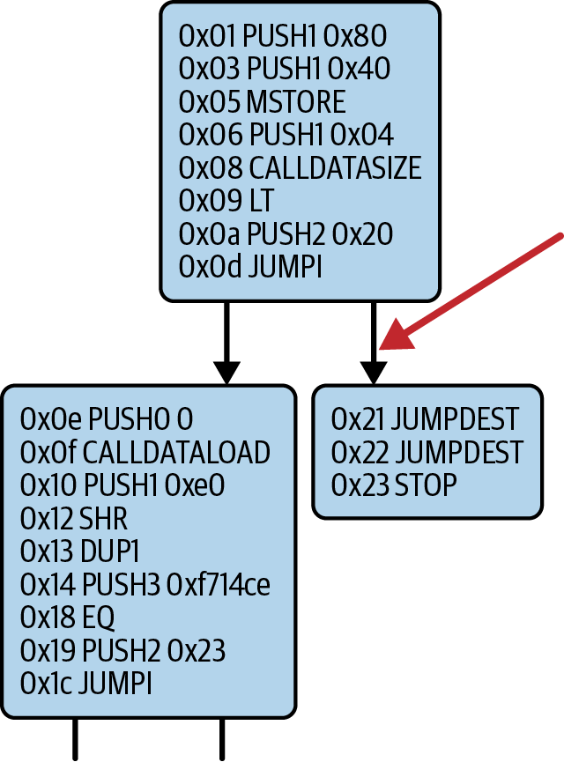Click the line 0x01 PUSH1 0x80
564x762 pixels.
(282, 36)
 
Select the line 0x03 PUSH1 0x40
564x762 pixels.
(285, 69)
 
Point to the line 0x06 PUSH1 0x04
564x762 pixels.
(286, 135)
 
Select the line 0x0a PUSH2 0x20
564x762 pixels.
(286, 234)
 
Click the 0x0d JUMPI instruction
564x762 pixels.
(250, 267)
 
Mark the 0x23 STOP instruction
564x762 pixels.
(394, 485)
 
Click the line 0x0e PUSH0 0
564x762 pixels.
(106, 418)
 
